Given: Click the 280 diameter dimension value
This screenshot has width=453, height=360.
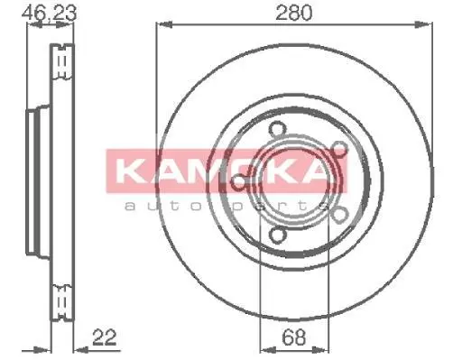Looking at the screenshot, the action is tap(294, 13).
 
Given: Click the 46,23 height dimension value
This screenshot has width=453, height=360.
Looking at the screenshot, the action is tap(50, 13).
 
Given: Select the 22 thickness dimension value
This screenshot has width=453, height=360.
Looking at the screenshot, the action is tap(104, 337).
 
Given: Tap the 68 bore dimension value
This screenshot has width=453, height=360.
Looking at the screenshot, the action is tap(294, 337).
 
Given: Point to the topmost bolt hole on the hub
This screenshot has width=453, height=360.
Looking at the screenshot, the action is tap(276, 129).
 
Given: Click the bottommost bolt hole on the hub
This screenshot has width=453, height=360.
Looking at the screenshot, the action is tap(276, 235).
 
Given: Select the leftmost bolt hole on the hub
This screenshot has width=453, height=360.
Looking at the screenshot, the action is tap(238, 181).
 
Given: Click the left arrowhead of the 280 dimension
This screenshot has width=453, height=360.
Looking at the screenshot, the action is tap(164, 25).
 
